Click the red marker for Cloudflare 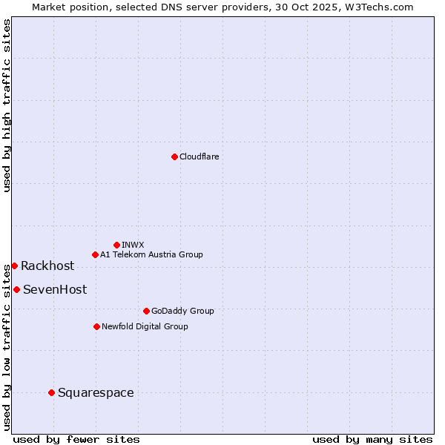(174, 156)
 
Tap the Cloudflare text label (200, 156)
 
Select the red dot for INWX (116, 245)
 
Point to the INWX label (133, 245)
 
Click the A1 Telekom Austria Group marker (95, 254)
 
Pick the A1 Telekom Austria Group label (151, 254)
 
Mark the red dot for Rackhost (14, 266)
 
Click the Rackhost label (47, 266)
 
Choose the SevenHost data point (16, 289)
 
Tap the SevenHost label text (55, 290)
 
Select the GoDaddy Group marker (146, 311)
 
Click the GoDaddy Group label (182, 311)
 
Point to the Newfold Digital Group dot (96, 326)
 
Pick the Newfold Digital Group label (145, 326)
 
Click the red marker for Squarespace (51, 392)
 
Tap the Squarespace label (96, 393)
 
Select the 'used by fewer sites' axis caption (76, 439)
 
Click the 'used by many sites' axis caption (372, 439)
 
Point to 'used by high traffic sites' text (7, 105)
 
